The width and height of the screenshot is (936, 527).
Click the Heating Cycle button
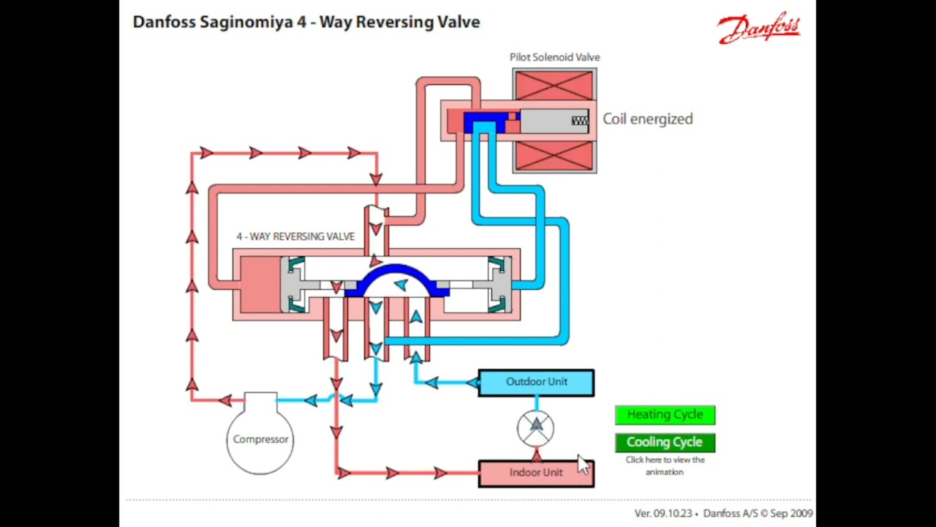(x=665, y=415)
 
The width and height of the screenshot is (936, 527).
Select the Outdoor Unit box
(x=536, y=382)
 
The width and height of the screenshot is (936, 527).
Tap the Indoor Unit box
(x=536, y=473)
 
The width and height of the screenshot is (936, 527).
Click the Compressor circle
(x=260, y=438)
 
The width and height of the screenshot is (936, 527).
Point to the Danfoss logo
(x=758, y=29)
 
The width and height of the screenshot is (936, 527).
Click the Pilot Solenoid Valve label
(x=554, y=57)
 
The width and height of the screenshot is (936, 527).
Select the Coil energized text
(x=647, y=119)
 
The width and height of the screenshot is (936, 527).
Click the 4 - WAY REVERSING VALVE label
(x=295, y=236)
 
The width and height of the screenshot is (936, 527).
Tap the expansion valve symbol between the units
(x=536, y=427)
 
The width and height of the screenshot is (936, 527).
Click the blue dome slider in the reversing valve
(x=396, y=278)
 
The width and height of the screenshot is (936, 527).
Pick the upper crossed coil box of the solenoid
(x=554, y=85)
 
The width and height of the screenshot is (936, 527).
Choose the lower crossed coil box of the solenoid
(x=554, y=155)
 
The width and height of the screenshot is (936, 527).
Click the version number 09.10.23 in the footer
(x=672, y=514)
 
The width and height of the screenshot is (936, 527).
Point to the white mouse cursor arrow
(x=583, y=464)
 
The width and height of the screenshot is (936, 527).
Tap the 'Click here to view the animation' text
(x=665, y=466)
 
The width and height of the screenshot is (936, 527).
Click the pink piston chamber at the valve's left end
(x=260, y=284)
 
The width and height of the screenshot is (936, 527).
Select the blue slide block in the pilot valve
(x=484, y=121)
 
